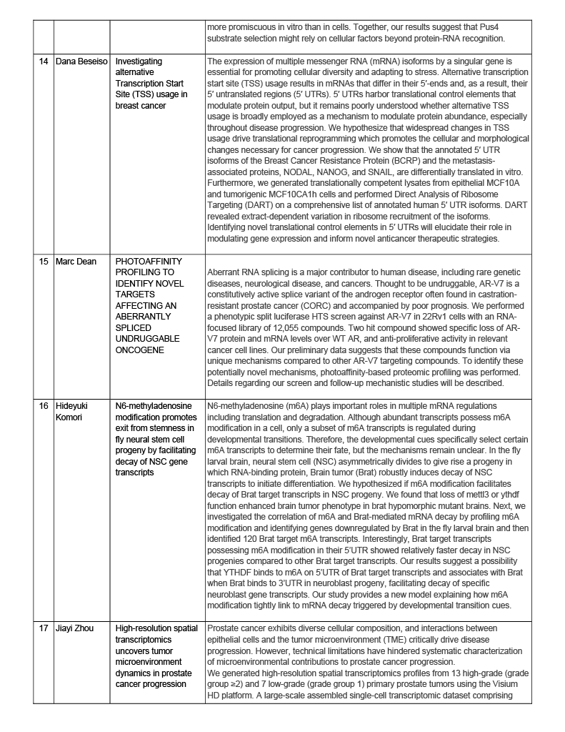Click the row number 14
[44, 61]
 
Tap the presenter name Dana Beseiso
[81, 61]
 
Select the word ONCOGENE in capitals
[140, 351]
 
